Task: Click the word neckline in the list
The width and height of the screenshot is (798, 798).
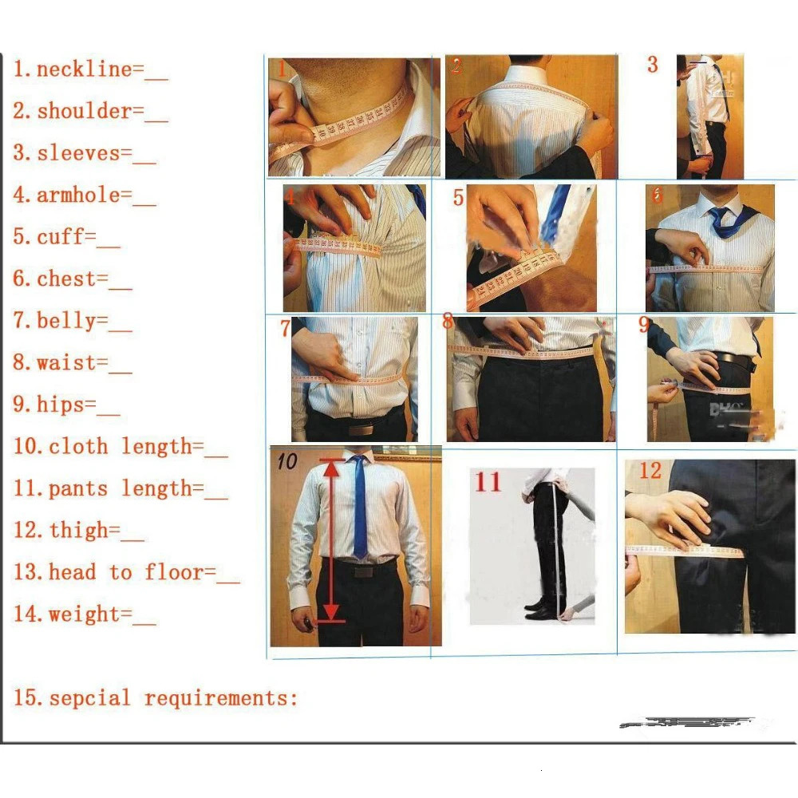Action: (84, 69)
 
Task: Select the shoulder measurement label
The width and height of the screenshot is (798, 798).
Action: (84, 111)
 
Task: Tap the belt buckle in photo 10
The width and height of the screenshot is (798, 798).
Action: (363, 571)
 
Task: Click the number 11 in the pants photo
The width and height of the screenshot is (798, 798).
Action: (488, 482)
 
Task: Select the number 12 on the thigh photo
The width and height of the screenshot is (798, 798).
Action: (650, 471)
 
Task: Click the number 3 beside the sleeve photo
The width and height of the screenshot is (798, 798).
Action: (652, 65)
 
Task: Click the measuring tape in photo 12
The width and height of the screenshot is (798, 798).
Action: (686, 551)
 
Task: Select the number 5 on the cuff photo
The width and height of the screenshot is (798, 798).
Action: (458, 197)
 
